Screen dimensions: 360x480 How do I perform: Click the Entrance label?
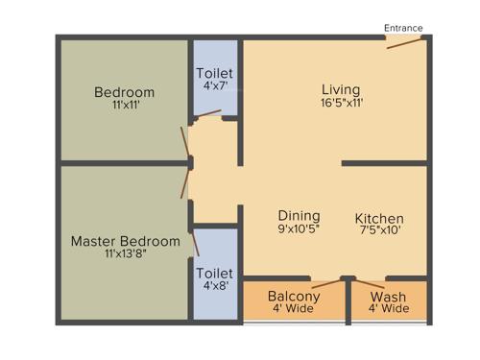(403, 28)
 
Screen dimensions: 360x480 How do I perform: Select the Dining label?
(299, 216)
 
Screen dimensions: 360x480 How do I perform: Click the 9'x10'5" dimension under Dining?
(299, 229)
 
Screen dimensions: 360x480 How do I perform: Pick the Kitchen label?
(379, 218)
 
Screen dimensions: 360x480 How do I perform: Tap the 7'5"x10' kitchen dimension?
(379, 230)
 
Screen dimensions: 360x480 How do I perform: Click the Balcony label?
(294, 296)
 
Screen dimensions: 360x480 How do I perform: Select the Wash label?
(390, 296)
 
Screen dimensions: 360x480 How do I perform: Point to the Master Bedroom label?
(125, 241)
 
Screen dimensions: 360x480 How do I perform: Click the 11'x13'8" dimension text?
(125, 254)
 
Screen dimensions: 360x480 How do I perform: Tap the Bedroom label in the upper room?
(124, 92)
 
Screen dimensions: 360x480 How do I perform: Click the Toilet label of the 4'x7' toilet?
(214, 73)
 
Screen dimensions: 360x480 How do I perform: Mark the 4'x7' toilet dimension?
(214, 85)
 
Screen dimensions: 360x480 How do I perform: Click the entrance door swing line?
(401, 44)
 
